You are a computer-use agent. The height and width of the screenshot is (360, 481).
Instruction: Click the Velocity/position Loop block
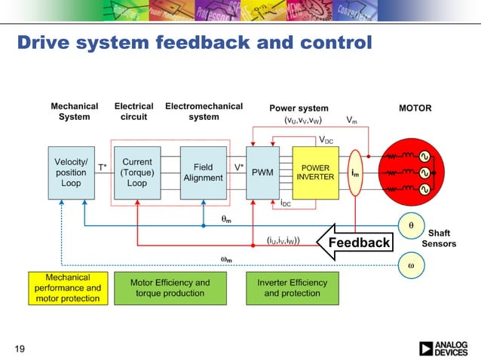[x=71, y=172]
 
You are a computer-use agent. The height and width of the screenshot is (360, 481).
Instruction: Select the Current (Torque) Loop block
[x=137, y=172]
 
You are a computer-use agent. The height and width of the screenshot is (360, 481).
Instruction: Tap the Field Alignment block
[x=203, y=172]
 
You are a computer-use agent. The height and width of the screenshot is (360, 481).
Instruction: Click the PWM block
[x=262, y=172]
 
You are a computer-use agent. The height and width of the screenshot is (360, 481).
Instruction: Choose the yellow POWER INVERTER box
[x=315, y=172]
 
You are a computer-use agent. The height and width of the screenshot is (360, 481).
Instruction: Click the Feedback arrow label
[x=358, y=242]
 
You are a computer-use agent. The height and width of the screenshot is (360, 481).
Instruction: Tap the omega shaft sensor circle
[x=411, y=265]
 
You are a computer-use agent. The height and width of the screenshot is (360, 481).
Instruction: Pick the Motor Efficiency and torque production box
[x=170, y=288]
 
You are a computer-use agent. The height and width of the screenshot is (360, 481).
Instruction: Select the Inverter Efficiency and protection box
[x=292, y=288]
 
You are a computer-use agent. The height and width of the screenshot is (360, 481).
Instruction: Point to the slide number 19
[x=20, y=348]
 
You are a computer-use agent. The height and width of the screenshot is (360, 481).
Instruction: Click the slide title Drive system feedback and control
[x=195, y=42]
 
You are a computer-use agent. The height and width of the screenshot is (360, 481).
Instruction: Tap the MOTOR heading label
[x=415, y=108]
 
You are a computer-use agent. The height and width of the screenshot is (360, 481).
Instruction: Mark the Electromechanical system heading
[x=204, y=111]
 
